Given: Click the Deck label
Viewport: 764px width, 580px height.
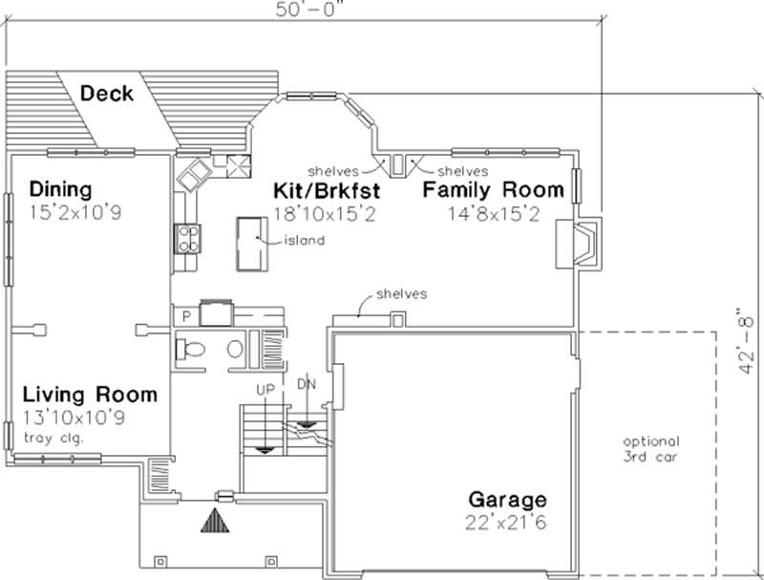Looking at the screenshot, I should click(106, 94).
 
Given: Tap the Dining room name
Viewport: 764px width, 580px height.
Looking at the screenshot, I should click(60, 187).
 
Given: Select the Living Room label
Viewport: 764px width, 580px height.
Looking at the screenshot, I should click(90, 394).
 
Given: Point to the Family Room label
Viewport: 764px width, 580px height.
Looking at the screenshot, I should click(493, 190).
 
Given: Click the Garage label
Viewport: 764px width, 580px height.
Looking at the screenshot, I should click(507, 500).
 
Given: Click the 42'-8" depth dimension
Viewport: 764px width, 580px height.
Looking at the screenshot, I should click(752, 330).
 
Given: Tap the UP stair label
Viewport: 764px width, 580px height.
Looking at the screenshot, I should click(265, 390).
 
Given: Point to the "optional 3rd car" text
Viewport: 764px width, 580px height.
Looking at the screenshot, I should click(651, 448).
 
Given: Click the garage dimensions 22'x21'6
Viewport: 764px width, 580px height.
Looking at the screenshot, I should click(507, 523).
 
